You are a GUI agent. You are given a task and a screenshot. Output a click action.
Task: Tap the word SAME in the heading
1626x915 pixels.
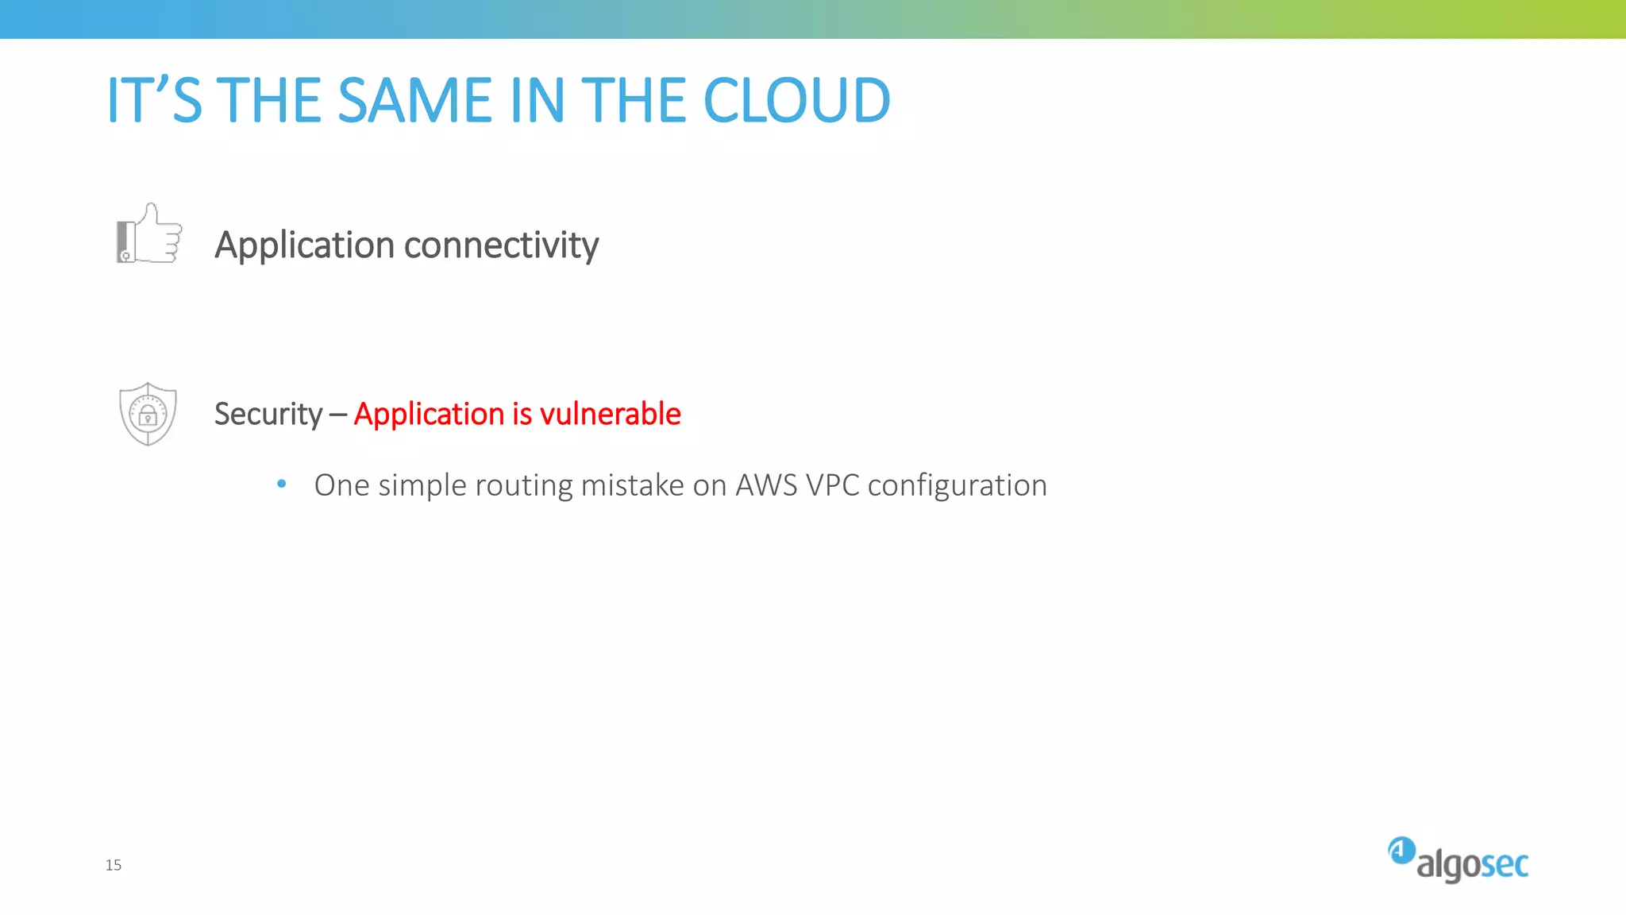pyautogui.click(x=414, y=101)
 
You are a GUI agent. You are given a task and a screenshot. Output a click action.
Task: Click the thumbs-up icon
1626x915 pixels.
pyautogui.click(x=149, y=234)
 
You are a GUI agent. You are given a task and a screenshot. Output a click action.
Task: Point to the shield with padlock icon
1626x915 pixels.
pyautogui.click(x=148, y=414)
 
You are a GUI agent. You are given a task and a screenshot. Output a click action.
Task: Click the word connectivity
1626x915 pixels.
pyautogui.click(x=501, y=245)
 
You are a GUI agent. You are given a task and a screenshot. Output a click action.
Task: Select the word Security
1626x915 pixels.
pyautogui.click(x=268, y=415)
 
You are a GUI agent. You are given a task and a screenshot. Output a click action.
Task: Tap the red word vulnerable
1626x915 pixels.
pyautogui.click(x=610, y=415)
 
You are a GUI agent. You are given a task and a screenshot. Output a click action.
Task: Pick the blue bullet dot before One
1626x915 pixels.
pyautogui.click(x=281, y=483)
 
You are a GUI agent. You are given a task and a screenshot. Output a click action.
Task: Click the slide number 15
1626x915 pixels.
pyautogui.click(x=114, y=865)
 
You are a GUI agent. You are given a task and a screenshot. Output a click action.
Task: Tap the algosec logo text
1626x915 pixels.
pyautogui.click(x=1472, y=865)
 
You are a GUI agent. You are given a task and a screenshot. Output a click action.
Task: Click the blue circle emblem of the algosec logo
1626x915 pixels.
pyautogui.click(x=1401, y=851)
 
